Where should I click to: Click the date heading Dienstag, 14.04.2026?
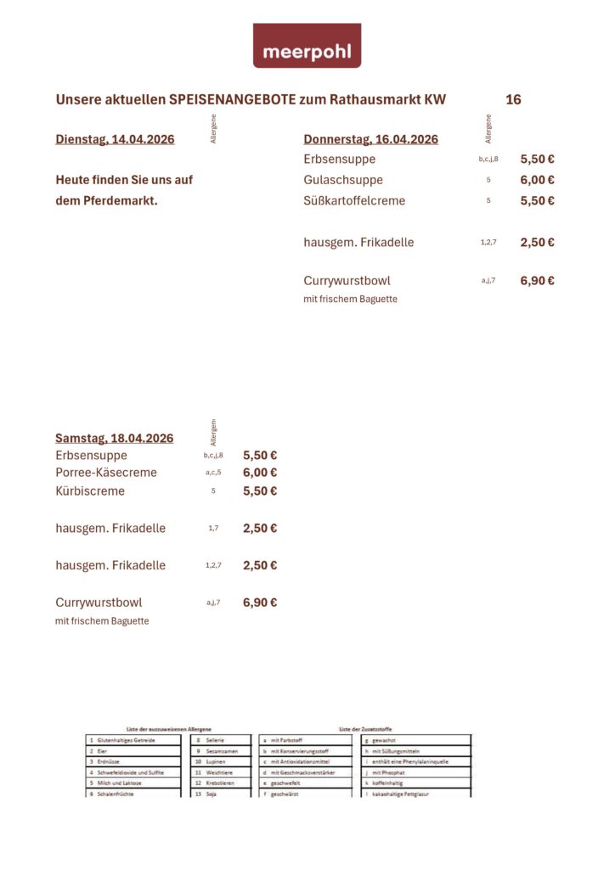115,139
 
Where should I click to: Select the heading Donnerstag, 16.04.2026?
370,139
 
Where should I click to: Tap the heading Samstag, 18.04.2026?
114,438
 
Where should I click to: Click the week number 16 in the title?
513,99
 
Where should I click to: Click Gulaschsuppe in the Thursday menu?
343,180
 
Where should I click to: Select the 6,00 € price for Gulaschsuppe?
537,180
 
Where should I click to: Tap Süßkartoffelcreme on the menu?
354,201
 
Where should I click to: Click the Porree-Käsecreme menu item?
106,473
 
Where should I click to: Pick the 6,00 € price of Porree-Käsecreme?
260,473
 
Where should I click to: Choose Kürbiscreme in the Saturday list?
90,491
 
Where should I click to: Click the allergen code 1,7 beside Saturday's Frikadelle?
213,528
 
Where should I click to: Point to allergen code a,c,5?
213,473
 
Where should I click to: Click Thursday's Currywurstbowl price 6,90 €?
537,280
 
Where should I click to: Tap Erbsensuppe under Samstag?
91,455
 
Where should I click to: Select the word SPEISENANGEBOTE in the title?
232,99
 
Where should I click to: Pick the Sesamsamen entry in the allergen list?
223,751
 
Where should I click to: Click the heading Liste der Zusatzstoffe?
365,729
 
